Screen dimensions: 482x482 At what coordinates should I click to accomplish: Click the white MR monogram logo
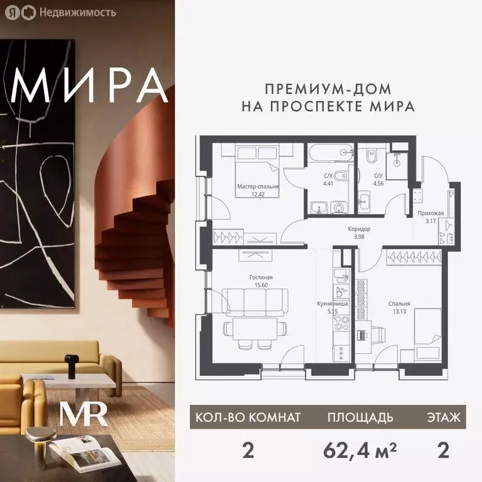coord(83,414)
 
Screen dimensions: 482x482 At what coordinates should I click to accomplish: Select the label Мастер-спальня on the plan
coord(258,186)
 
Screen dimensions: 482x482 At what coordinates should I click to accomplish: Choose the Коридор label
coord(359,229)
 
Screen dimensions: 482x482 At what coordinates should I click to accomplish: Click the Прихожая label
coord(431,213)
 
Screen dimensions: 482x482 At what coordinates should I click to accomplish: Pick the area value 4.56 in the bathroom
coord(378,184)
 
